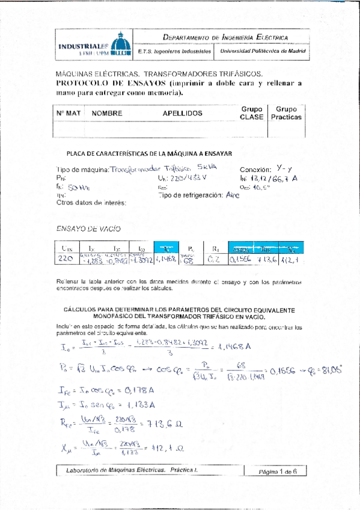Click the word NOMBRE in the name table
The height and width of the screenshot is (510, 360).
click(108, 113)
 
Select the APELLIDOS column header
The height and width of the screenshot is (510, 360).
click(182, 113)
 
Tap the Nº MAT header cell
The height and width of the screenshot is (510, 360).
click(68, 113)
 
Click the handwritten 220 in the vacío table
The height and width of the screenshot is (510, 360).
click(64, 260)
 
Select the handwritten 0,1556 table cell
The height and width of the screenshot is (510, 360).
click(241, 260)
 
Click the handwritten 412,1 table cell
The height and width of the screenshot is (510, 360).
click(291, 260)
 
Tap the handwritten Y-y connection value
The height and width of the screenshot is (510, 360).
click(281, 170)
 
